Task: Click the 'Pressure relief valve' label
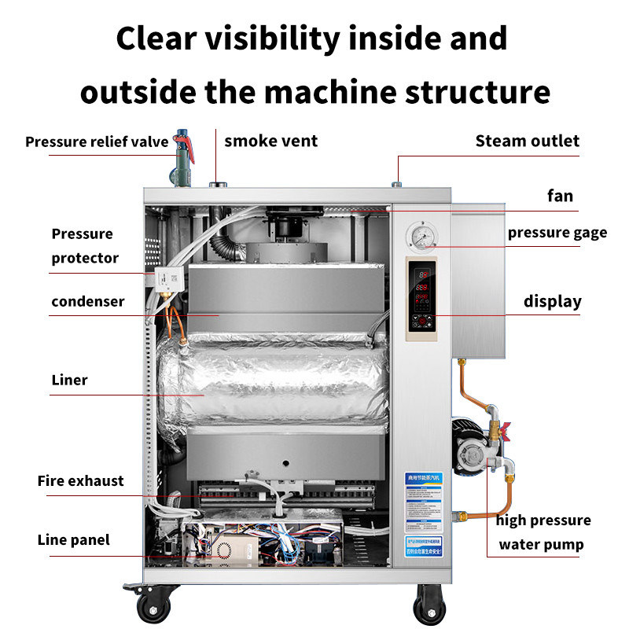[97, 142]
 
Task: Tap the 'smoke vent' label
[270, 142]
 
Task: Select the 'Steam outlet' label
[527, 142]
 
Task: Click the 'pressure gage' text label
[557, 233]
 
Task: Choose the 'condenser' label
[88, 302]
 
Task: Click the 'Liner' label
[70, 381]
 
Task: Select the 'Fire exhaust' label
[80, 481]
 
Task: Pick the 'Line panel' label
[74, 540]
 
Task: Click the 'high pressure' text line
[543, 520]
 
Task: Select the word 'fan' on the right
[560, 196]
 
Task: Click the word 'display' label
[553, 302]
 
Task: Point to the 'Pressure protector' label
[85, 245]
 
